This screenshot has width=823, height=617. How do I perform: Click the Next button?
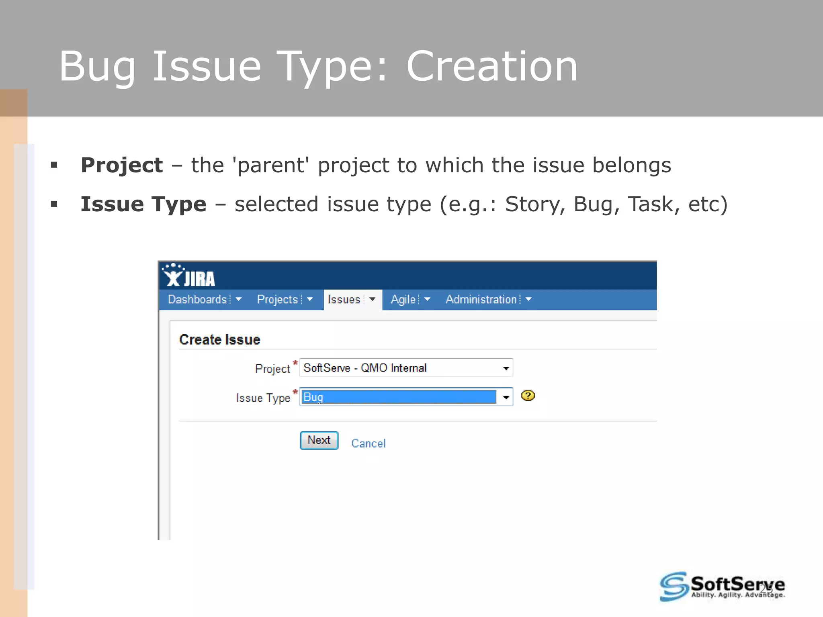(319, 440)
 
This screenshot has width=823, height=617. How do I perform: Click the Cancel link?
(368, 443)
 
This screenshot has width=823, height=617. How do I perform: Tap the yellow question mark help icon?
(528, 396)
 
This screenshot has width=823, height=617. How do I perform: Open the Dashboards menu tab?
(197, 300)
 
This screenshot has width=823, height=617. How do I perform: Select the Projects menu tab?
(277, 300)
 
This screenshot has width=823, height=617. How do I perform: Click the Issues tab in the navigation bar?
(344, 300)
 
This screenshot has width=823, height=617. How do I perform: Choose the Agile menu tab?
(403, 300)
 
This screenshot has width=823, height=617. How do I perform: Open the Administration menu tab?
(481, 300)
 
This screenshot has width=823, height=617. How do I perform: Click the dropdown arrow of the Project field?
(506, 368)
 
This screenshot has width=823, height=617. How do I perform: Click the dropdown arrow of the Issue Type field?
(506, 397)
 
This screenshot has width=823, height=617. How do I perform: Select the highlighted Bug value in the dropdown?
(398, 397)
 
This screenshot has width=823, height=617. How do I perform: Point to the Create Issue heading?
(219, 340)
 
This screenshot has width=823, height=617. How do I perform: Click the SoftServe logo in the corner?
(722, 586)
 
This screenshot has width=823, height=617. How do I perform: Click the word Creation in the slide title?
(491, 67)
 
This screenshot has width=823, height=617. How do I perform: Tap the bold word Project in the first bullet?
(122, 165)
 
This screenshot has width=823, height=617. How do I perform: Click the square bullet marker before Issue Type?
(54, 204)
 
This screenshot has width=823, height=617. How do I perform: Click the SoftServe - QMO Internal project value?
(365, 368)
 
